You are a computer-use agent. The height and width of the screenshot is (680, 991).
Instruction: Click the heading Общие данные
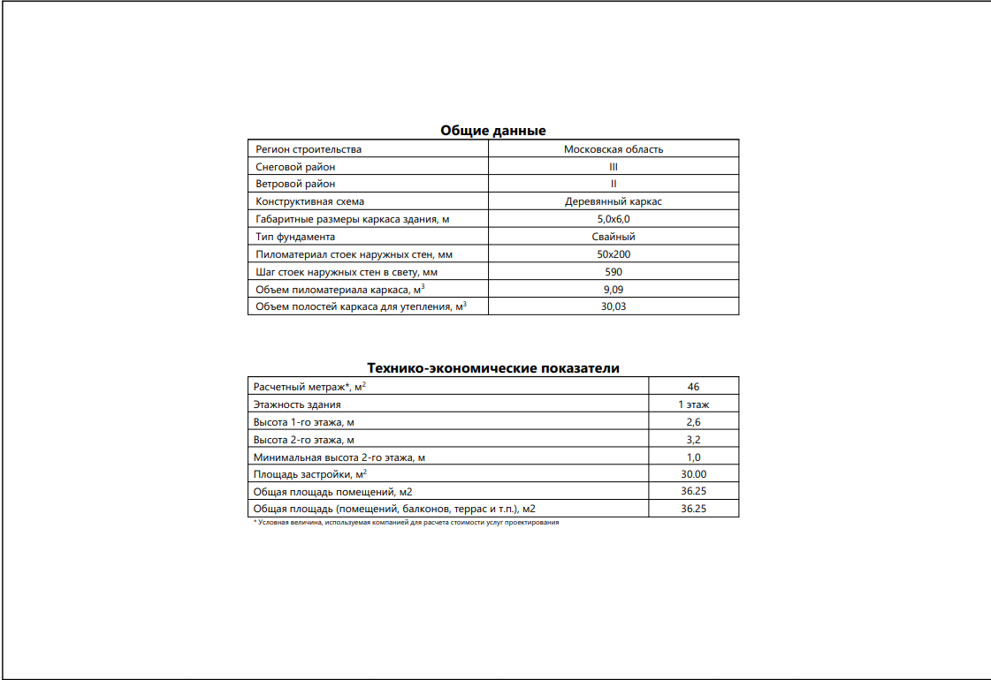point(493,131)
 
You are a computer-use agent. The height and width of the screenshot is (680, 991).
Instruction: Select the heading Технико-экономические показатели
point(493,368)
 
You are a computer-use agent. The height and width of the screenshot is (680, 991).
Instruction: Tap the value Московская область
point(614,149)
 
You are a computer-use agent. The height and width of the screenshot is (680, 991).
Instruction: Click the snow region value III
point(614,167)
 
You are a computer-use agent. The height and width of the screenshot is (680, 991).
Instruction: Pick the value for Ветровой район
point(614,185)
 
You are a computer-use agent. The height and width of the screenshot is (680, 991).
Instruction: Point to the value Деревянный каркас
point(614,201)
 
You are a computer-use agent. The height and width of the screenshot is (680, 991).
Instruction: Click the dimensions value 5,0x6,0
point(614,219)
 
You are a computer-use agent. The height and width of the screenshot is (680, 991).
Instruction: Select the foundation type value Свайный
point(614,237)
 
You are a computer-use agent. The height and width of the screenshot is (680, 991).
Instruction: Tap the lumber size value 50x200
point(614,254)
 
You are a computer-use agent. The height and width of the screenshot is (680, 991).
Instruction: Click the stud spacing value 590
point(614,272)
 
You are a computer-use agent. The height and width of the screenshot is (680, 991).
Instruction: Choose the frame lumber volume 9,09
point(614,290)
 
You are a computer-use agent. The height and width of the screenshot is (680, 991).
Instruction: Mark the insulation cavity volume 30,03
point(614,306)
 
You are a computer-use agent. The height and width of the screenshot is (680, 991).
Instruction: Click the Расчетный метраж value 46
point(694,387)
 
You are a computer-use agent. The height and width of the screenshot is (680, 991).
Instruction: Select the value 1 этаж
point(694,404)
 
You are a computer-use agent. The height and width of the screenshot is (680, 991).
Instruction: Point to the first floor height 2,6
point(694,422)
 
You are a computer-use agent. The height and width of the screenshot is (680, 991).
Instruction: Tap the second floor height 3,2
point(694,440)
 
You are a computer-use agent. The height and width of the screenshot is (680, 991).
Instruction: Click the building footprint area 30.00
point(694,474)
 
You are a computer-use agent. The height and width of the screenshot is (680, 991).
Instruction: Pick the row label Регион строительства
point(309,149)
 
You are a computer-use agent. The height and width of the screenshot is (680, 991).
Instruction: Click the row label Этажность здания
point(297,404)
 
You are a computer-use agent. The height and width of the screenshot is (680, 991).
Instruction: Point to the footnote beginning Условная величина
point(408,522)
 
